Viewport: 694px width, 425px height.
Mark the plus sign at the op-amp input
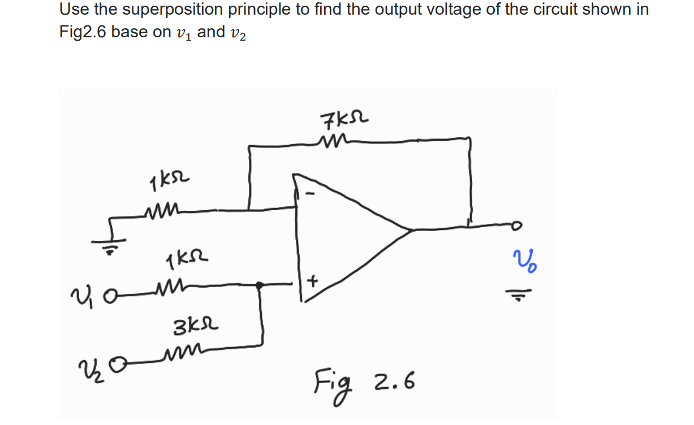click(x=312, y=281)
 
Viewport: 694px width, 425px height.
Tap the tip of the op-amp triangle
click(x=410, y=230)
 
